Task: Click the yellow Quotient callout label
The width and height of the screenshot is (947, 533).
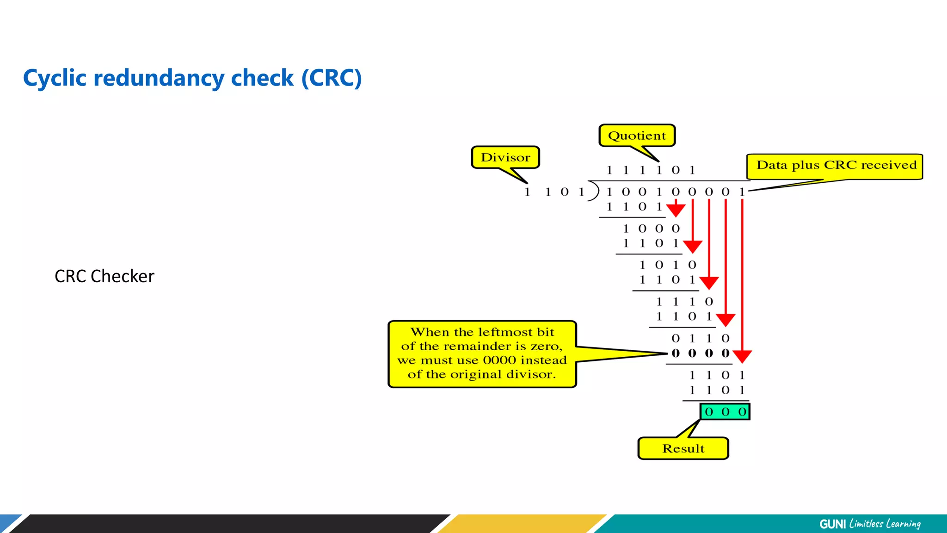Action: (637, 136)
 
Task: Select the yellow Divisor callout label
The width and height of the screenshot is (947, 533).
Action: (505, 157)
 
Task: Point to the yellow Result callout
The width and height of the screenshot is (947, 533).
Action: (683, 448)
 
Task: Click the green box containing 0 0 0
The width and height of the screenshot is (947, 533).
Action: (725, 411)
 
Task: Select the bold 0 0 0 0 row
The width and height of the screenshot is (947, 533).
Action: (700, 353)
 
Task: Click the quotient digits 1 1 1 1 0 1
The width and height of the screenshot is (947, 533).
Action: (651, 170)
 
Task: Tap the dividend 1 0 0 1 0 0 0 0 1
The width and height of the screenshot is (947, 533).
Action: (675, 192)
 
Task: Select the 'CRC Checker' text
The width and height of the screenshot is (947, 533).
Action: (105, 276)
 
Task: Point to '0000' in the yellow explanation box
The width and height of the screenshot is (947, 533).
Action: (499, 360)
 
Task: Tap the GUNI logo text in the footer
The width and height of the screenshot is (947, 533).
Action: (832, 524)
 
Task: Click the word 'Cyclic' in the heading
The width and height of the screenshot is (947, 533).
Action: (55, 78)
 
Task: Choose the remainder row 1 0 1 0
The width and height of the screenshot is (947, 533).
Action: (667, 265)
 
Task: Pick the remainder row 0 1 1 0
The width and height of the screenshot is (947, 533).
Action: (700, 339)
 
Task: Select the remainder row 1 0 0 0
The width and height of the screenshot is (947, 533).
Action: (651, 229)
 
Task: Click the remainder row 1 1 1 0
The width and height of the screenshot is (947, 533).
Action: (684, 302)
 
